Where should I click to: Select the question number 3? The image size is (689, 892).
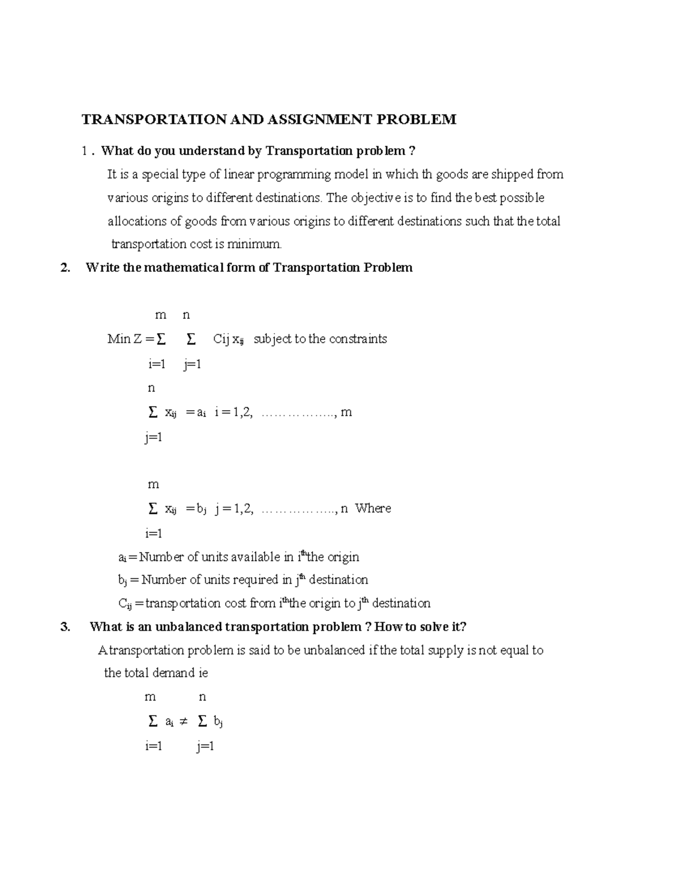pos(65,627)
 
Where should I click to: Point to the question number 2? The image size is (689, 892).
pos(65,268)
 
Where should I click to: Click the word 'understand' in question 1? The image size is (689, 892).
pos(211,151)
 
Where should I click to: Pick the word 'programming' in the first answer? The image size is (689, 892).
pos(293,175)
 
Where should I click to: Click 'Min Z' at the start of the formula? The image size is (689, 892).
pos(125,339)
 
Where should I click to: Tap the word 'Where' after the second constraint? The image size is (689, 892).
pos(373,508)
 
